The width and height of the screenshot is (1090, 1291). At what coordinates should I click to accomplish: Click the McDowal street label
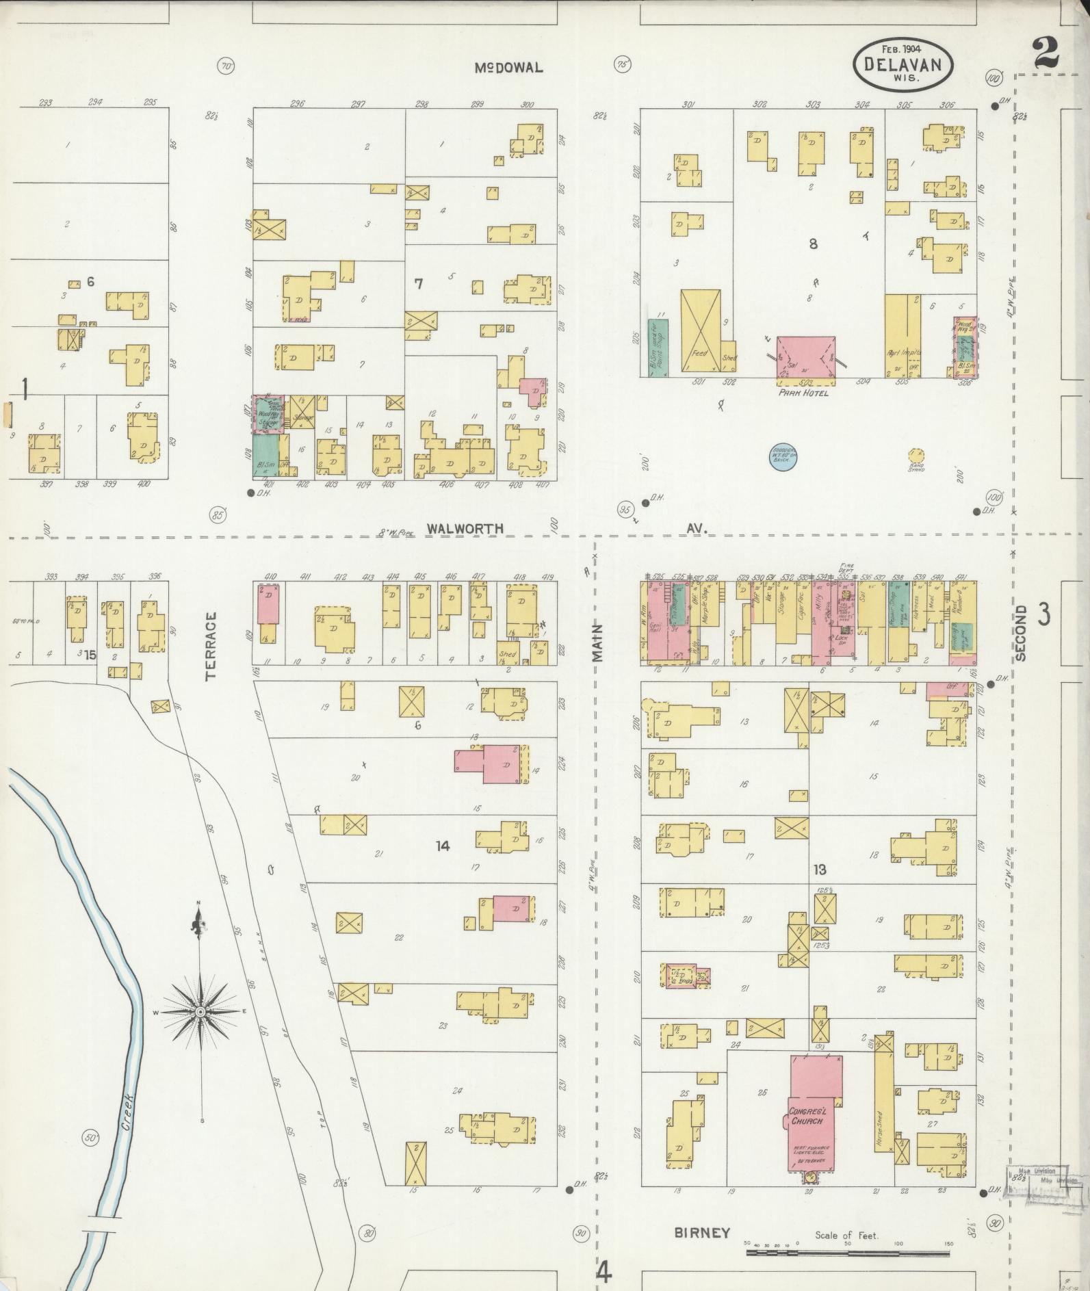click(509, 68)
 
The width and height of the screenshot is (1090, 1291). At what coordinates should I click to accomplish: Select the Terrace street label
click(210, 645)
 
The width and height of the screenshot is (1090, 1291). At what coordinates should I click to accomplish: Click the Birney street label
click(701, 1233)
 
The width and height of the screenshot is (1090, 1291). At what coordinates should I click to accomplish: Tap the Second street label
click(1021, 632)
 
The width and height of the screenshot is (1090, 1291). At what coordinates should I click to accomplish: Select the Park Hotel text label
click(803, 394)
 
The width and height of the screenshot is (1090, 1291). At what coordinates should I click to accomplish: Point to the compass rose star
click(200, 1011)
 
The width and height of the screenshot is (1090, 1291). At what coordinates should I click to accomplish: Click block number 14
click(443, 846)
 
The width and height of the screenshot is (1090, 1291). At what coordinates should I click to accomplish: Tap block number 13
click(820, 870)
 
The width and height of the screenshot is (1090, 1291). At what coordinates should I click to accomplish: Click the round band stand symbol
click(916, 455)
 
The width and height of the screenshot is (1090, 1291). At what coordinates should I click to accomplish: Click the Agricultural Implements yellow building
click(903, 335)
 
